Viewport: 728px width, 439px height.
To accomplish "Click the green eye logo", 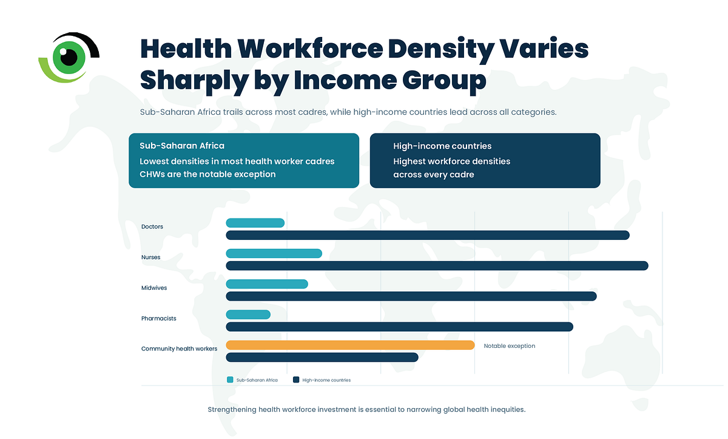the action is click(69, 58).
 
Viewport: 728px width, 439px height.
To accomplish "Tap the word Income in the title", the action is click(345, 80).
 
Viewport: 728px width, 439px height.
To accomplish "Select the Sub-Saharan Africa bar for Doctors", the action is click(255, 223).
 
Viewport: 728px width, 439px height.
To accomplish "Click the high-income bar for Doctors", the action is click(428, 235).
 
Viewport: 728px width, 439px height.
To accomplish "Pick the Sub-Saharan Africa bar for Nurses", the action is click(274, 254).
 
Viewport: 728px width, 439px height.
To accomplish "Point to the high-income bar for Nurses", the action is click(437, 266).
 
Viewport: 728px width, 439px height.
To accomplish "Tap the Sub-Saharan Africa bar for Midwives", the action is click(267, 284).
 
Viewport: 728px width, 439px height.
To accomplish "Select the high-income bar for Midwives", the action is click(411, 296).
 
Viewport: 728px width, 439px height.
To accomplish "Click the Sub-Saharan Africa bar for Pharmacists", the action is click(248, 315).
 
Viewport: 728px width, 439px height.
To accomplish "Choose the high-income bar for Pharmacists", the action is click(399, 327).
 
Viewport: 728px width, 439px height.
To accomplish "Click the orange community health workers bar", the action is click(350, 345).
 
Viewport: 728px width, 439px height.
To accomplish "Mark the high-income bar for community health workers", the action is click(322, 358).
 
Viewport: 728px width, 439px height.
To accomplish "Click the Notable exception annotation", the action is click(509, 346).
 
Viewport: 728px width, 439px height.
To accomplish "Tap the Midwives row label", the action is click(154, 288).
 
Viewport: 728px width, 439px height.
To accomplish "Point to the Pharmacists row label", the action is click(158, 318).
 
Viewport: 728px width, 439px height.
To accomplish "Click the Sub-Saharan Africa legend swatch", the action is click(230, 380).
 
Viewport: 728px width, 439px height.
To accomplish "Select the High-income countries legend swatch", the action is click(296, 380).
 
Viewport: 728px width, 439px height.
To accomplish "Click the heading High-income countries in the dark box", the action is click(442, 146).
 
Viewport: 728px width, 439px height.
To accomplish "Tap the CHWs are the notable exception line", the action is click(207, 174).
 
